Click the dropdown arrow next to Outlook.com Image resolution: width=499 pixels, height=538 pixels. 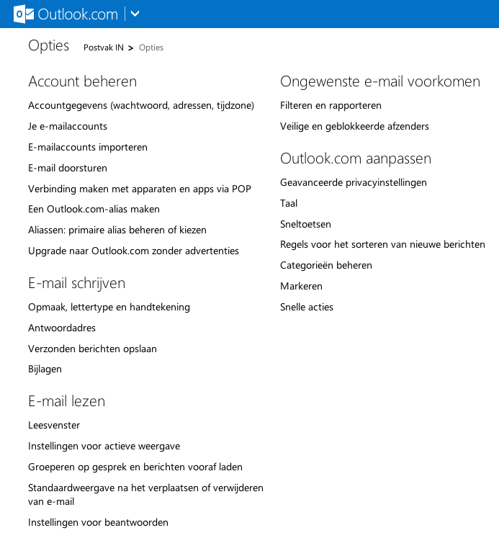pos(135,14)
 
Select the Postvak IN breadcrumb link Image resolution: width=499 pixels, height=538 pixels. pos(104,48)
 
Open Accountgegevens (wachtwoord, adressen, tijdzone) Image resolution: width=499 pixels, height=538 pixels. pos(141,105)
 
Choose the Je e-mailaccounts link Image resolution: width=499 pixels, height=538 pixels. pos(68,126)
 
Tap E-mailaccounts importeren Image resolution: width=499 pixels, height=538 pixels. pos(88,147)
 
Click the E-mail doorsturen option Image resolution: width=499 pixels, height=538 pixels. pos(68,168)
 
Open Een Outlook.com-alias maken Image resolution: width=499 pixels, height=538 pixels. pos(94,209)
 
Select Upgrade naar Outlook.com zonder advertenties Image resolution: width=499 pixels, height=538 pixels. pos(133,251)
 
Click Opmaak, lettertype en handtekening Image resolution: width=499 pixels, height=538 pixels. pos(109,307)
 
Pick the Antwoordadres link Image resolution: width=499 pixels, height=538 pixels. pos(62,328)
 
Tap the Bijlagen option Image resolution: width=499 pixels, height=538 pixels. pos(45,369)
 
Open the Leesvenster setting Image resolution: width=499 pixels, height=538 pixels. pos(54,425)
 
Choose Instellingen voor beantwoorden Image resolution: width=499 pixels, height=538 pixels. pos(98,522)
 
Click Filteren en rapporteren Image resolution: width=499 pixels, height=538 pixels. pos(331,105)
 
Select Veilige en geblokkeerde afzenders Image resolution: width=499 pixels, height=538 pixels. pos(354,126)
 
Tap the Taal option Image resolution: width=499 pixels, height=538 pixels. pos(289,203)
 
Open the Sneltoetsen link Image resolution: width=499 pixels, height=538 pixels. pos(305,224)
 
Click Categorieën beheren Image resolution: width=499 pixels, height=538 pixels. pos(326,265)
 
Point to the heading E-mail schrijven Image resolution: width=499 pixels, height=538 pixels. pos(77,283)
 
